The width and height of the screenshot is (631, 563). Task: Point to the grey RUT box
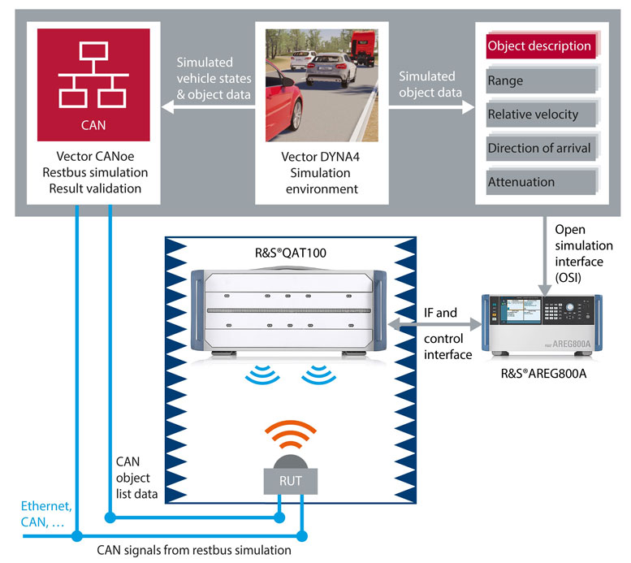(290, 481)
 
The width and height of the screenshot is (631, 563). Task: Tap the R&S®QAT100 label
(291, 250)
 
